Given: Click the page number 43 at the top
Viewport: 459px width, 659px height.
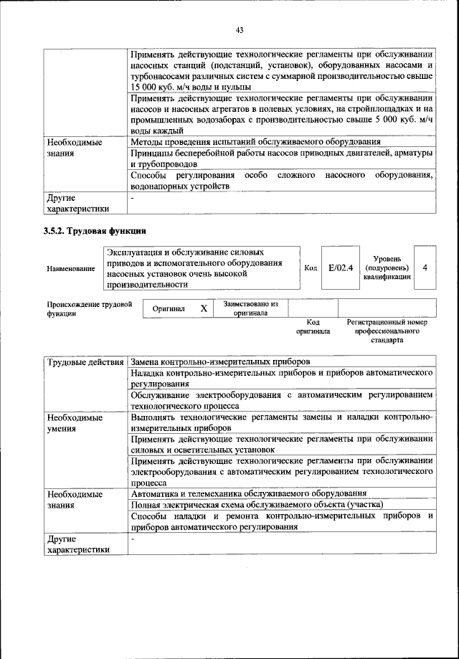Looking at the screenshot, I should tap(240, 29).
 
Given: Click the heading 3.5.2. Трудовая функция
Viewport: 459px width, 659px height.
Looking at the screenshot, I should tap(95, 231).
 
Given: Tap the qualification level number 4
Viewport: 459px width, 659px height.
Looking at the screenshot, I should tap(425, 267).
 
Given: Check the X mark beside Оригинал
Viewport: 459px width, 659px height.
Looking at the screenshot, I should tap(203, 308).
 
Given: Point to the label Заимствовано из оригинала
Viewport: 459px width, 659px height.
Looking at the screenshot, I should tap(250, 308).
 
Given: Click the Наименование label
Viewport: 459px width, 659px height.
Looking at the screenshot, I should tap(71, 268).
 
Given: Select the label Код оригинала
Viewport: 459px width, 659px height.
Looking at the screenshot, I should tap(313, 327).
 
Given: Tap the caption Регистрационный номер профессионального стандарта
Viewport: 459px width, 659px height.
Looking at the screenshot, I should tap(387, 332).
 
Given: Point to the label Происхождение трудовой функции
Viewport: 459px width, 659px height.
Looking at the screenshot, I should tap(89, 308).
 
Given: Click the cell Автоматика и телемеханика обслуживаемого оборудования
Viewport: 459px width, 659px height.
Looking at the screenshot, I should tap(249, 493).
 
